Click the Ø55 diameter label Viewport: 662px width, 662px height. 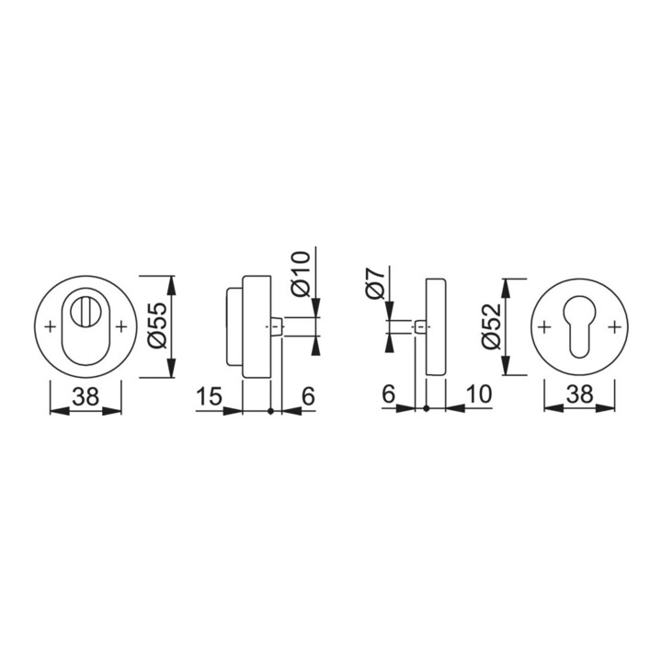(155, 325)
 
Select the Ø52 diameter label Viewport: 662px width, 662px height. (491, 325)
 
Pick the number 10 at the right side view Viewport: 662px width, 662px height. (478, 394)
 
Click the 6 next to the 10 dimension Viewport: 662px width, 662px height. (388, 394)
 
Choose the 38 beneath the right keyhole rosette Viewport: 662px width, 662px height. (578, 394)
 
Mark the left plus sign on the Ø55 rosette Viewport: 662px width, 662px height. (50, 325)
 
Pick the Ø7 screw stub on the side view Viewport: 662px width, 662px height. (419, 326)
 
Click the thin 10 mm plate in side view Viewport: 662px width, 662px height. (436, 325)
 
